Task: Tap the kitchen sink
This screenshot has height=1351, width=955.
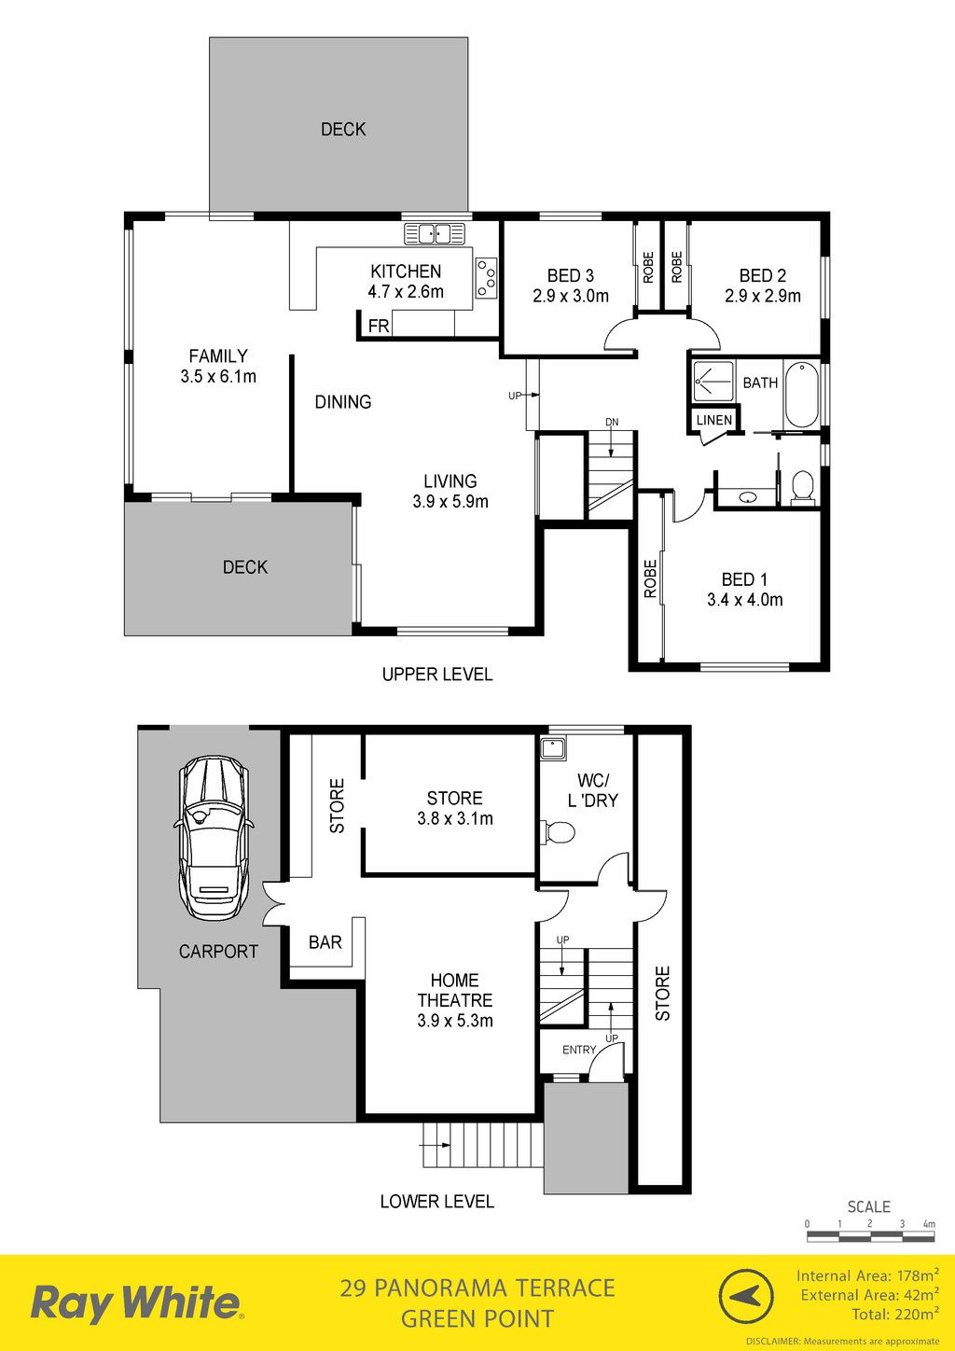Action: coord(436,233)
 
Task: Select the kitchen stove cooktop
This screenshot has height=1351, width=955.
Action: coord(486,278)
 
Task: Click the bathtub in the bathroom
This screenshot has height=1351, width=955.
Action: coord(802,395)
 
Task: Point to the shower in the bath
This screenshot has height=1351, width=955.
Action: coord(713,382)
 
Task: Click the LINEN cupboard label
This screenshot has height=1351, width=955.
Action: coord(714,420)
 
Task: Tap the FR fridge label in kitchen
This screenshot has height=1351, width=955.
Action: coord(379,327)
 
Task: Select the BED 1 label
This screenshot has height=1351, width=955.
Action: coord(744,579)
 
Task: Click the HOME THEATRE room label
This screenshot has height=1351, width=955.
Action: coord(454,990)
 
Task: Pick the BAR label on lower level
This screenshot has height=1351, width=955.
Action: coord(325,942)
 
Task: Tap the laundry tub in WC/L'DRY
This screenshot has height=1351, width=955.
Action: coord(552,748)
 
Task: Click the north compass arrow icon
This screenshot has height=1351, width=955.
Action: coord(747,1294)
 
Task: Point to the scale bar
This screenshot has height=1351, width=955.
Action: coord(870,1236)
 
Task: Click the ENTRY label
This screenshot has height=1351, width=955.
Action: coord(579,1050)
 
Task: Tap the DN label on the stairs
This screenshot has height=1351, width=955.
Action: coord(612,422)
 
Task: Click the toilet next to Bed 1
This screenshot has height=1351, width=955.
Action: coord(802,487)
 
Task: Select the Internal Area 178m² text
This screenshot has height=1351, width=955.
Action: coord(867,1275)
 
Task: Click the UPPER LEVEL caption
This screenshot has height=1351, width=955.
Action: coord(437,675)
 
